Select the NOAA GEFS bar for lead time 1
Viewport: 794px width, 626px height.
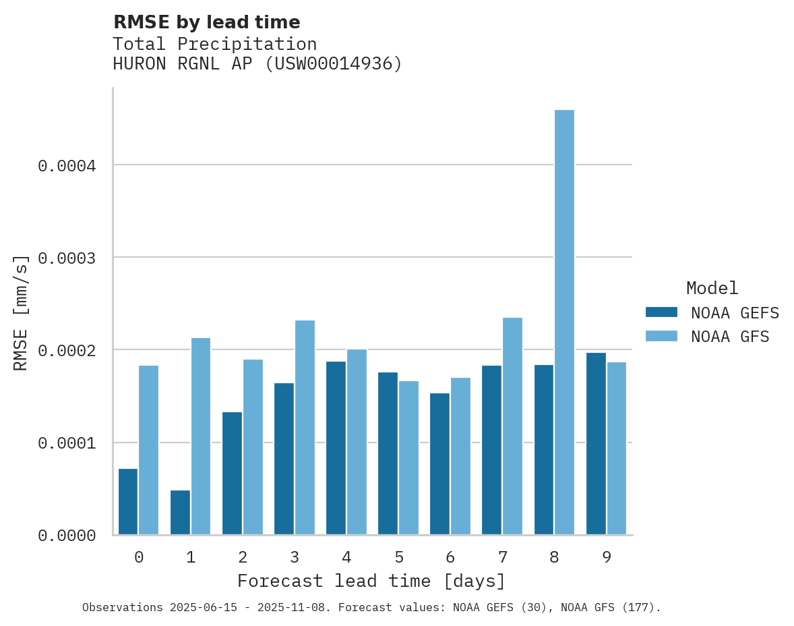point(180,513)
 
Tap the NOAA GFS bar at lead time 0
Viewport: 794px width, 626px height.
point(148,450)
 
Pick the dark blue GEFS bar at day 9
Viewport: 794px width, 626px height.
point(596,443)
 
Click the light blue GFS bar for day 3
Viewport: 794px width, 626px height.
point(305,427)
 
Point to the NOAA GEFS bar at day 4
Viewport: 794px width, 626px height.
point(336,448)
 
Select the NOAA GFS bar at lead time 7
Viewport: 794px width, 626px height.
point(512,426)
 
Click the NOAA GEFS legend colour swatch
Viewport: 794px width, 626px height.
point(661,312)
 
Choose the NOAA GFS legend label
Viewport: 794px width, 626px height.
point(730,336)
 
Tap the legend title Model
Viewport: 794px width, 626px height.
point(712,288)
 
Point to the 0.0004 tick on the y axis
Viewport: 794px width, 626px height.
point(67,165)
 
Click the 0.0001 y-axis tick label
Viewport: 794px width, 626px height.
point(67,443)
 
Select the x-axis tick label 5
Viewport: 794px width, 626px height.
point(398,557)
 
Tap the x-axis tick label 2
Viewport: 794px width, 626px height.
point(243,557)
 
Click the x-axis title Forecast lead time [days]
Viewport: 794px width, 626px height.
point(371,581)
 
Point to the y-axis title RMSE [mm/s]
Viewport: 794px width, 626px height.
point(21,312)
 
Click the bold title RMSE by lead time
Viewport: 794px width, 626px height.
point(206,22)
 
